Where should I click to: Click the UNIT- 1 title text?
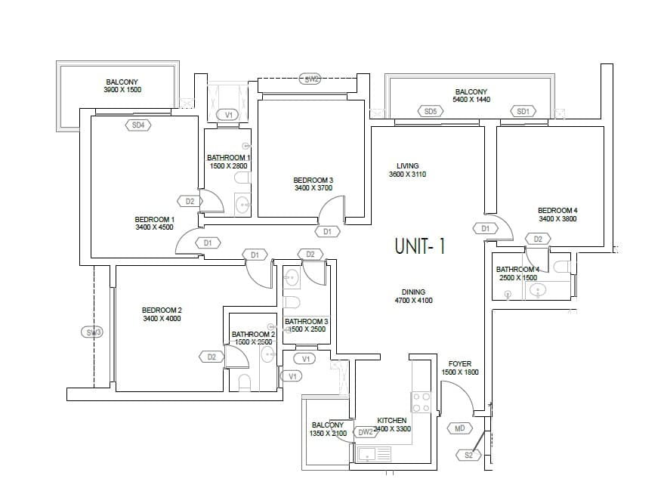(x=420, y=246)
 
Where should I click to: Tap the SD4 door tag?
(x=138, y=125)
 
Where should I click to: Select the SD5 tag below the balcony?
(x=430, y=111)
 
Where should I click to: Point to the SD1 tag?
(x=523, y=111)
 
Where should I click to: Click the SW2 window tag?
(x=310, y=79)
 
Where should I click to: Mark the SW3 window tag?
(x=93, y=332)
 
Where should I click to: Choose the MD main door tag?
(x=460, y=428)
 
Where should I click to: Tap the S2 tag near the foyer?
(x=468, y=455)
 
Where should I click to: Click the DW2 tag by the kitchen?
(x=366, y=432)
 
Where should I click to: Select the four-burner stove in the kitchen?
(x=421, y=403)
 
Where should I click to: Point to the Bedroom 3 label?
(x=313, y=180)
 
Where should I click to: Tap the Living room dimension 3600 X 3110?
(x=407, y=175)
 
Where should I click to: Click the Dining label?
(x=413, y=292)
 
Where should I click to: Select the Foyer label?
(x=459, y=363)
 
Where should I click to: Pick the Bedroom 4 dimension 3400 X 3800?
(x=557, y=219)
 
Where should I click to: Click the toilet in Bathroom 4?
(x=561, y=267)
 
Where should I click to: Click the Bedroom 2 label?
(x=162, y=310)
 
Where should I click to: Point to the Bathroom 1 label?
(x=228, y=157)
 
